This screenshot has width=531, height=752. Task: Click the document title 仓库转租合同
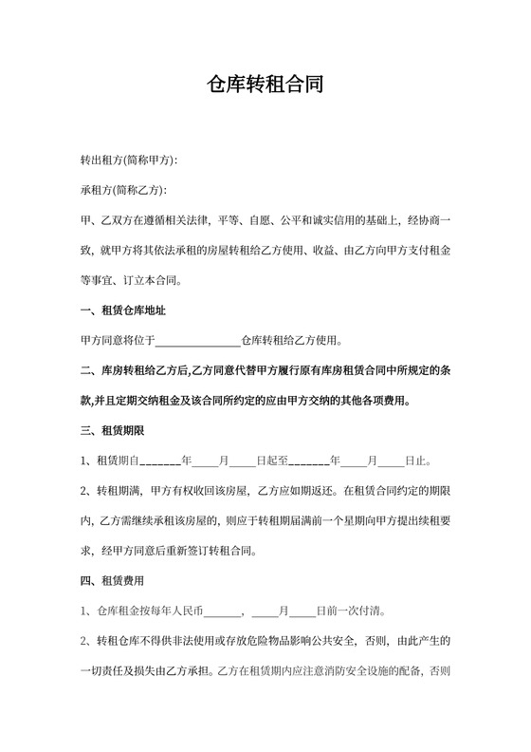click(x=265, y=85)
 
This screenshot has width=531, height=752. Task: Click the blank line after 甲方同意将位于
click(x=197, y=340)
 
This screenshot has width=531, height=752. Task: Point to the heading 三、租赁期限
click(x=112, y=431)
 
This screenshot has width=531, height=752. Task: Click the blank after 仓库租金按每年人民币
click(x=223, y=611)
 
